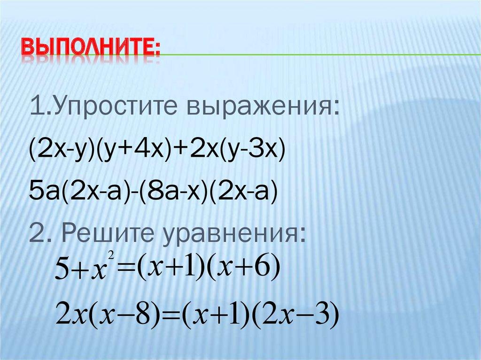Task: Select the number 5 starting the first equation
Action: (62, 272)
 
